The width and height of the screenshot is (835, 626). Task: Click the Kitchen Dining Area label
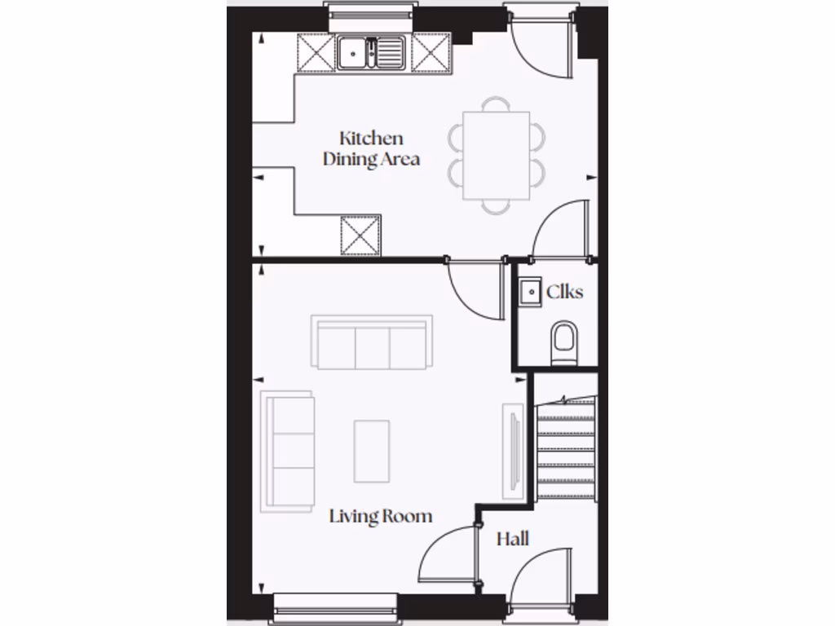tap(371, 148)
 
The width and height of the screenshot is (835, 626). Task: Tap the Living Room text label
tap(380, 516)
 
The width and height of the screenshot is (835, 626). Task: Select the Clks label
tap(564, 291)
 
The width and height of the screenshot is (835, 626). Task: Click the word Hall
tap(513, 539)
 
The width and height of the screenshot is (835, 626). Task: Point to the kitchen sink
tap(371, 53)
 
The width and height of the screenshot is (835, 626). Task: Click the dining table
tap(496, 156)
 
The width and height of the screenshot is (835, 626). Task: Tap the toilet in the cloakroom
tap(563, 342)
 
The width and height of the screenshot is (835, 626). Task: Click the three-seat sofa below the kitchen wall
tap(370, 342)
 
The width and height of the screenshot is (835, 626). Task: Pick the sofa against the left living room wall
tap(288, 451)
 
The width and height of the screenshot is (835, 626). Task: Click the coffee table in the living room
tap(372, 450)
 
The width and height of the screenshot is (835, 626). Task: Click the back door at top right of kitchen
tap(538, 49)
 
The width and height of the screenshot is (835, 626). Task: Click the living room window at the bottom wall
tap(335, 605)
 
